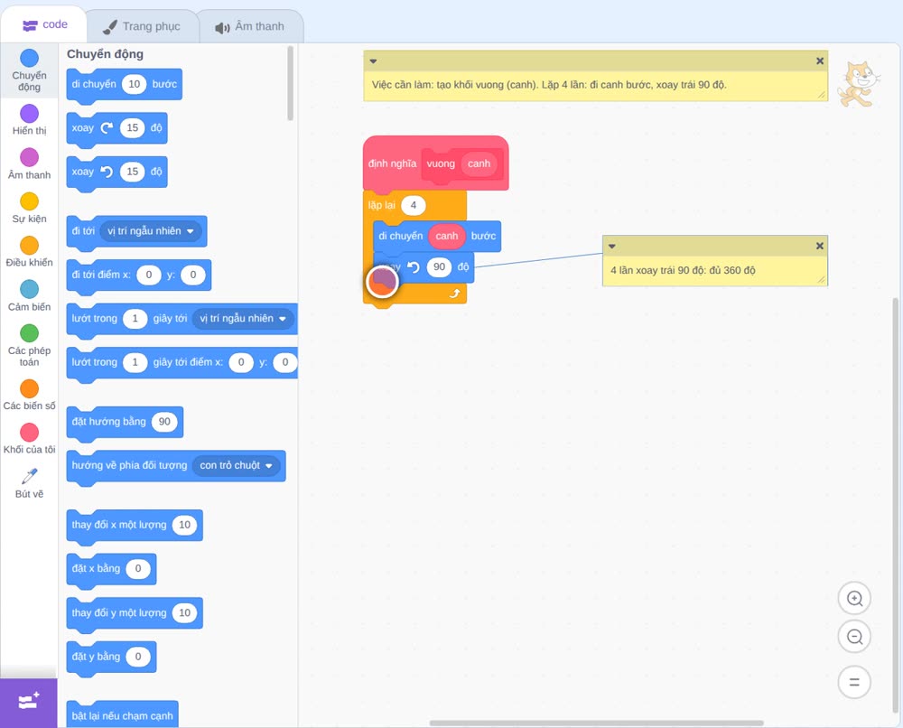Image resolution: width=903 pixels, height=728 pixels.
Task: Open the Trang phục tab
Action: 143,26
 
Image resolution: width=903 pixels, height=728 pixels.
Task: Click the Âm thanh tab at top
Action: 250,26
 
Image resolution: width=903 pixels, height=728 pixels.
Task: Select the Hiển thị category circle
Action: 30,114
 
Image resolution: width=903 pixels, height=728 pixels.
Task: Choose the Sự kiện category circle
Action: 30,201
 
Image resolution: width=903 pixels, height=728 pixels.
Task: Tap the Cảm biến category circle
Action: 30,289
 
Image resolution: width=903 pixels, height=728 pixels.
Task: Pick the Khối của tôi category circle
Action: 30,432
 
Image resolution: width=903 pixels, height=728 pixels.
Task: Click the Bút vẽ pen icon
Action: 30,476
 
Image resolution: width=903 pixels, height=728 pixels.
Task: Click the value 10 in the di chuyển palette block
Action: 135,84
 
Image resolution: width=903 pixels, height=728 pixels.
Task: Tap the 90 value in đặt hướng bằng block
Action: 164,422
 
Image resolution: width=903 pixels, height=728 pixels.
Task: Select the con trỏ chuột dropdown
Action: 236,465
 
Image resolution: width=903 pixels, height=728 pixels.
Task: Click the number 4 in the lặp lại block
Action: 413,205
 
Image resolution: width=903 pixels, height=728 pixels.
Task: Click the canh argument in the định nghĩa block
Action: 479,163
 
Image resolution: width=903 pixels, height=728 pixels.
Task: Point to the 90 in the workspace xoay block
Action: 440,266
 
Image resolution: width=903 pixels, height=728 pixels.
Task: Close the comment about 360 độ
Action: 820,246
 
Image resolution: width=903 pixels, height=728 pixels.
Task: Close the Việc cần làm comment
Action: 820,61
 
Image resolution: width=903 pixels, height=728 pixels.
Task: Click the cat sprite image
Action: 859,84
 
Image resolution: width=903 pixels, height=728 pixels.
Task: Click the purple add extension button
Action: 29,702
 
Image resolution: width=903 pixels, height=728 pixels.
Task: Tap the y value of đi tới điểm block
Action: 193,275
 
